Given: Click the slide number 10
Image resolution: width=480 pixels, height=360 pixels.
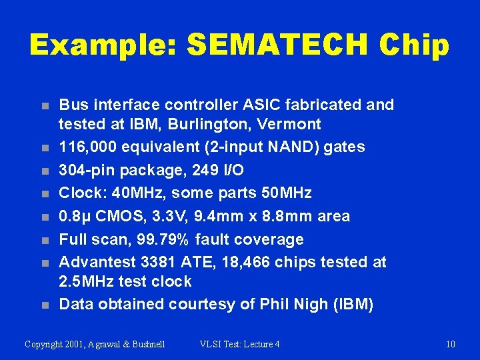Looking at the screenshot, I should (451, 344).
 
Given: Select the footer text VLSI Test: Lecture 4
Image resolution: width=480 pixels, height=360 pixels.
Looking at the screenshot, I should (239, 344).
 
